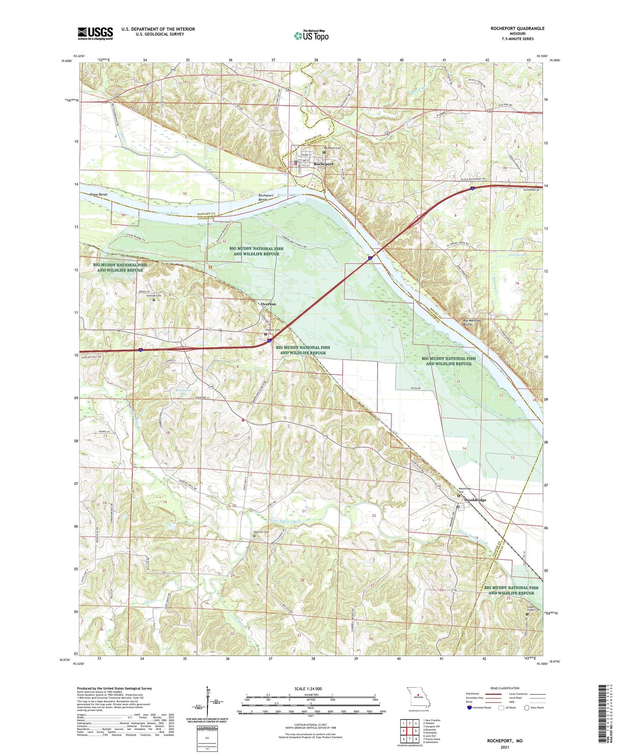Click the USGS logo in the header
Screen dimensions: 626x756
click(x=95, y=33)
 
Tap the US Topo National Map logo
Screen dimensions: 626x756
click(x=311, y=35)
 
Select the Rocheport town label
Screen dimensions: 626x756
click(x=323, y=164)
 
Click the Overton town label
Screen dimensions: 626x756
click(x=268, y=304)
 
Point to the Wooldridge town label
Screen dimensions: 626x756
click(x=475, y=500)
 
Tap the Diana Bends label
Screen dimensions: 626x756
click(x=98, y=194)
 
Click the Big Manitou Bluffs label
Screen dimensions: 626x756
click(x=472, y=322)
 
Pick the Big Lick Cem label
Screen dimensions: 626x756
click(x=261, y=532)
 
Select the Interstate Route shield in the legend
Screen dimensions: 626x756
click(x=469, y=708)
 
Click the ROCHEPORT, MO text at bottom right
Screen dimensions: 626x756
click(x=505, y=741)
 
